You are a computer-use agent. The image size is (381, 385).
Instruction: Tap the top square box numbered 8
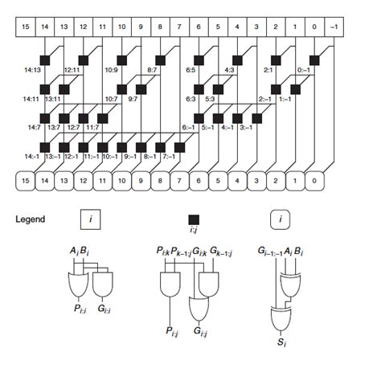tap(164, 28)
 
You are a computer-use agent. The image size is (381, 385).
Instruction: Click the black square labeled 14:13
tap(47, 60)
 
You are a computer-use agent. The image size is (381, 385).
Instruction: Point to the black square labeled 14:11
tap(47, 88)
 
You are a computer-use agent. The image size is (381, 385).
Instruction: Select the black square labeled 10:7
tap(125, 88)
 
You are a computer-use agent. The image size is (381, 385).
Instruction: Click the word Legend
tap(32, 219)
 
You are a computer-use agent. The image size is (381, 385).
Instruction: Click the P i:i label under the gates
tap(81, 305)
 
